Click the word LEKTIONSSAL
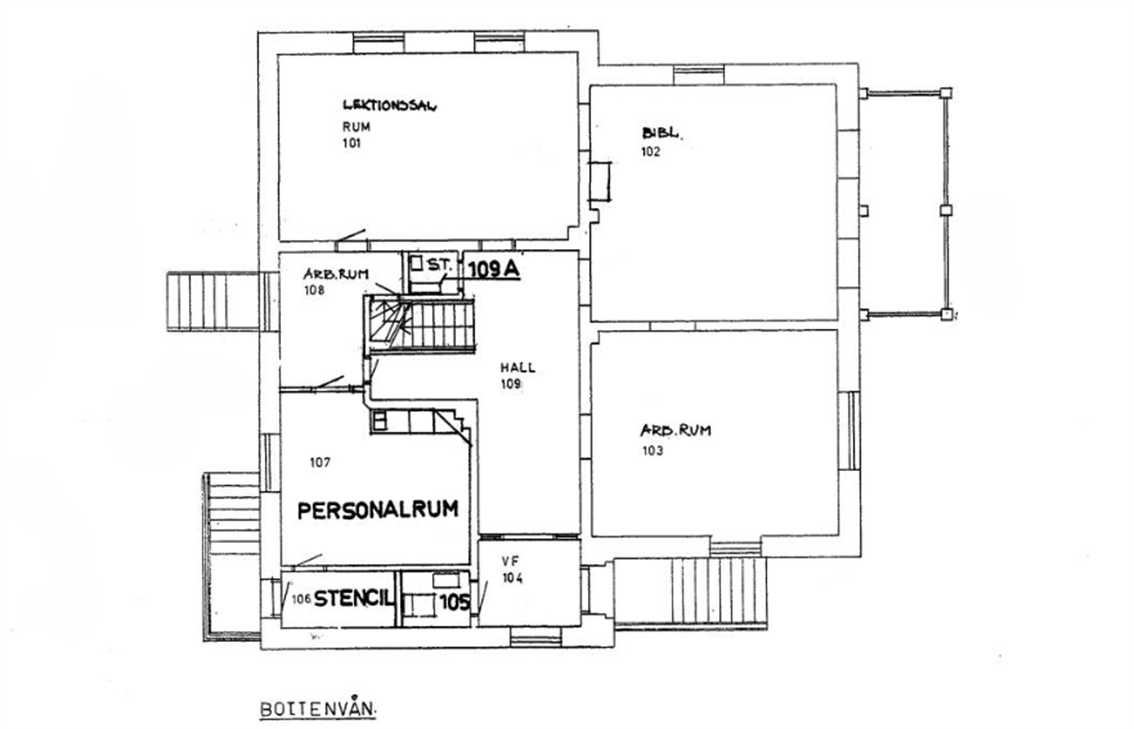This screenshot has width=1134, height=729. click(x=389, y=105)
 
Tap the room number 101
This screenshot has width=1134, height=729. click(x=351, y=143)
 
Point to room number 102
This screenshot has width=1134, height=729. click(x=650, y=151)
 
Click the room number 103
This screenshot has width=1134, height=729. click(x=652, y=450)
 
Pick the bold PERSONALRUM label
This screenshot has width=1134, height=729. click(x=377, y=510)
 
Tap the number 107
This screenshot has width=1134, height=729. click(x=320, y=462)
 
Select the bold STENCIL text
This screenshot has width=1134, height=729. click(x=353, y=599)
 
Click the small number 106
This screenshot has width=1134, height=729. click(x=301, y=599)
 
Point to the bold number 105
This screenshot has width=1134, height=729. click(x=454, y=603)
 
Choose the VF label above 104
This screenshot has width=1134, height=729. click(x=510, y=561)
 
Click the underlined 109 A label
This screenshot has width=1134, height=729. click(x=494, y=270)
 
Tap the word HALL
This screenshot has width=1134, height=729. click(x=518, y=367)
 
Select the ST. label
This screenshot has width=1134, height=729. click(x=439, y=266)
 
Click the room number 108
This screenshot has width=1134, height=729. click(x=314, y=290)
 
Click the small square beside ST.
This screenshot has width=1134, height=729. click(x=416, y=263)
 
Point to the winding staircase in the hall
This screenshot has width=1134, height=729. click(x=419, y=325)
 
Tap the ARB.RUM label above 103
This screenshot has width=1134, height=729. click(x=675, y=430)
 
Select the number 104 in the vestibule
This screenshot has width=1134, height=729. click(x=513, y=578)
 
